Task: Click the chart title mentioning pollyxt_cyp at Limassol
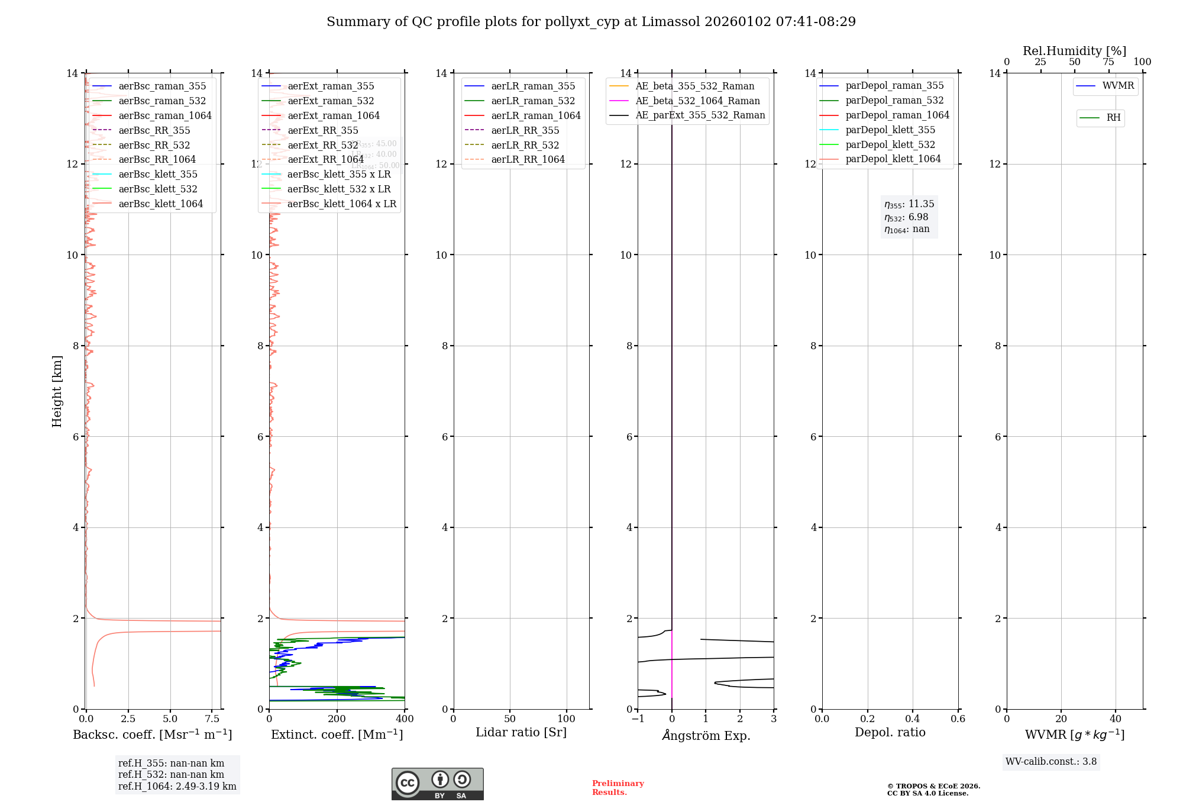pyautogui.click(x=591, y=22)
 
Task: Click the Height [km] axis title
pyautogui.click(x=57, y=391)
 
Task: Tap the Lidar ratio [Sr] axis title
pyautogui.click(x=521, y=732)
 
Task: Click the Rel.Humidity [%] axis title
pyautogui.click(x=1074, y=51)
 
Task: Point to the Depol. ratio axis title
pyautogui.click(x=890, y=732)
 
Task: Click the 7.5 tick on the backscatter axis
pyautogui.click(x=212, y=719)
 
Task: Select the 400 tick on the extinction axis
pyautogui.click(x=405, y=719)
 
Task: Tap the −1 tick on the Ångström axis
pyautogui.click(x=638, y=719)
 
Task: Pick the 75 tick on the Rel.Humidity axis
pyautogui.click(x=1108, y=62)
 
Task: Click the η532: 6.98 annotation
pyautogui.click(x=906, y=217)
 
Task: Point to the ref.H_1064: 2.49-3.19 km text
pyautogui.click(x=177, y=787)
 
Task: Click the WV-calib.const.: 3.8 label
pyautogui.click(x=1051, y=762)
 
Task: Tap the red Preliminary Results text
pyautogui.click(x=618, y=788)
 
